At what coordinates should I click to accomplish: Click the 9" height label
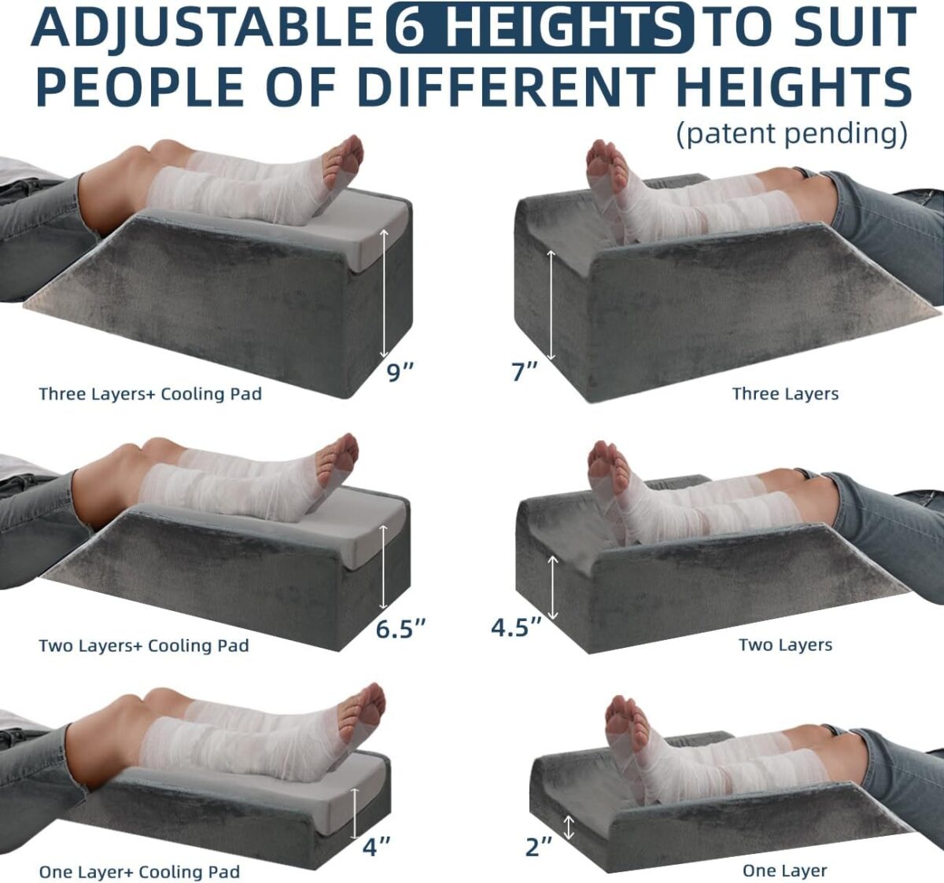[400, 372]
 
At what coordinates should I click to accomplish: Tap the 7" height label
[525, 371]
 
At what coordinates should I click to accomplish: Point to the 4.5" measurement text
[517, 627]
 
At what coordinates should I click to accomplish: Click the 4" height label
[377, 846]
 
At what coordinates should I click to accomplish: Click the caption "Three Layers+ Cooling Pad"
[150, 394]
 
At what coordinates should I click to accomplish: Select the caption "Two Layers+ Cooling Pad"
[143, 646]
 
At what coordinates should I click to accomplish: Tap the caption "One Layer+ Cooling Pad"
[139, 871]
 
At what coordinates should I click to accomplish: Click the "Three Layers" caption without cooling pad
[785, 393]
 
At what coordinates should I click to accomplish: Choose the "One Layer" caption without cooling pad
[785, 870]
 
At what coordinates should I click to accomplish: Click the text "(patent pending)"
[792, 134]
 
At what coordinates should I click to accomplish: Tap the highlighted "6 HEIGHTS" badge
[540, 27]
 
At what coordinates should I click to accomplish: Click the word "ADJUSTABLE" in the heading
[203, 27]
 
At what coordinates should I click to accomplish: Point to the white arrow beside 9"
[384, 293]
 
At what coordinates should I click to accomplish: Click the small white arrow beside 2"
[570, 827]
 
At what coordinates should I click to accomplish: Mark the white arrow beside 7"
[551, 305]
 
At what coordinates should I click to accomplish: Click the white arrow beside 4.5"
[552, 587]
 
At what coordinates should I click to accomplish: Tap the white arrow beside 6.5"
[384, 568]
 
